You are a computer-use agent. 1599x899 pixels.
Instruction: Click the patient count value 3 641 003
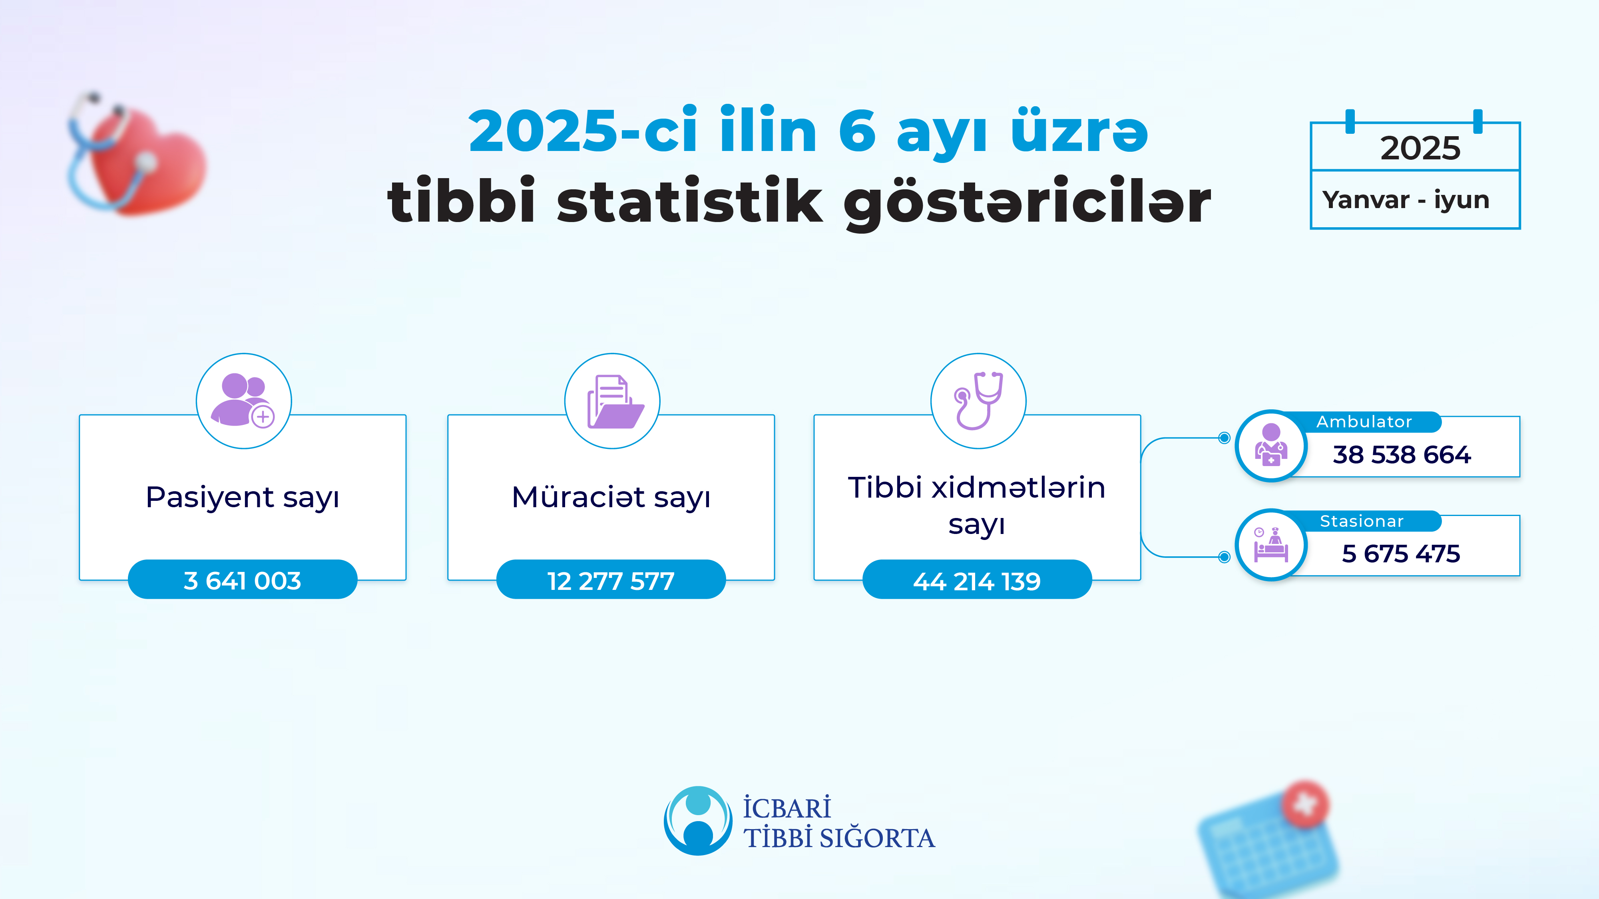point(242,581)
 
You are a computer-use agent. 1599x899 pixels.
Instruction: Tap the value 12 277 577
point(611,581)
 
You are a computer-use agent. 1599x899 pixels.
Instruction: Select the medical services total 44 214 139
point(976,581)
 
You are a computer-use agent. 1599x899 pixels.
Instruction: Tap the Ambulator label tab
point(1364,422)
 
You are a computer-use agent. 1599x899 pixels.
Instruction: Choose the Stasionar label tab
point(1361,521)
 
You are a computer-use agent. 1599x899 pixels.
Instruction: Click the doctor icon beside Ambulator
point(1270,445)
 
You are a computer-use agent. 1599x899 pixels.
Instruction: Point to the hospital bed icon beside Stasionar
point(1270,545)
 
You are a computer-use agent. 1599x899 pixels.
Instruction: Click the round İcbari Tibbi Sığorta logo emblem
point(698,820)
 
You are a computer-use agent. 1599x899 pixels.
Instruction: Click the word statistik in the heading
point(689,202)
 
